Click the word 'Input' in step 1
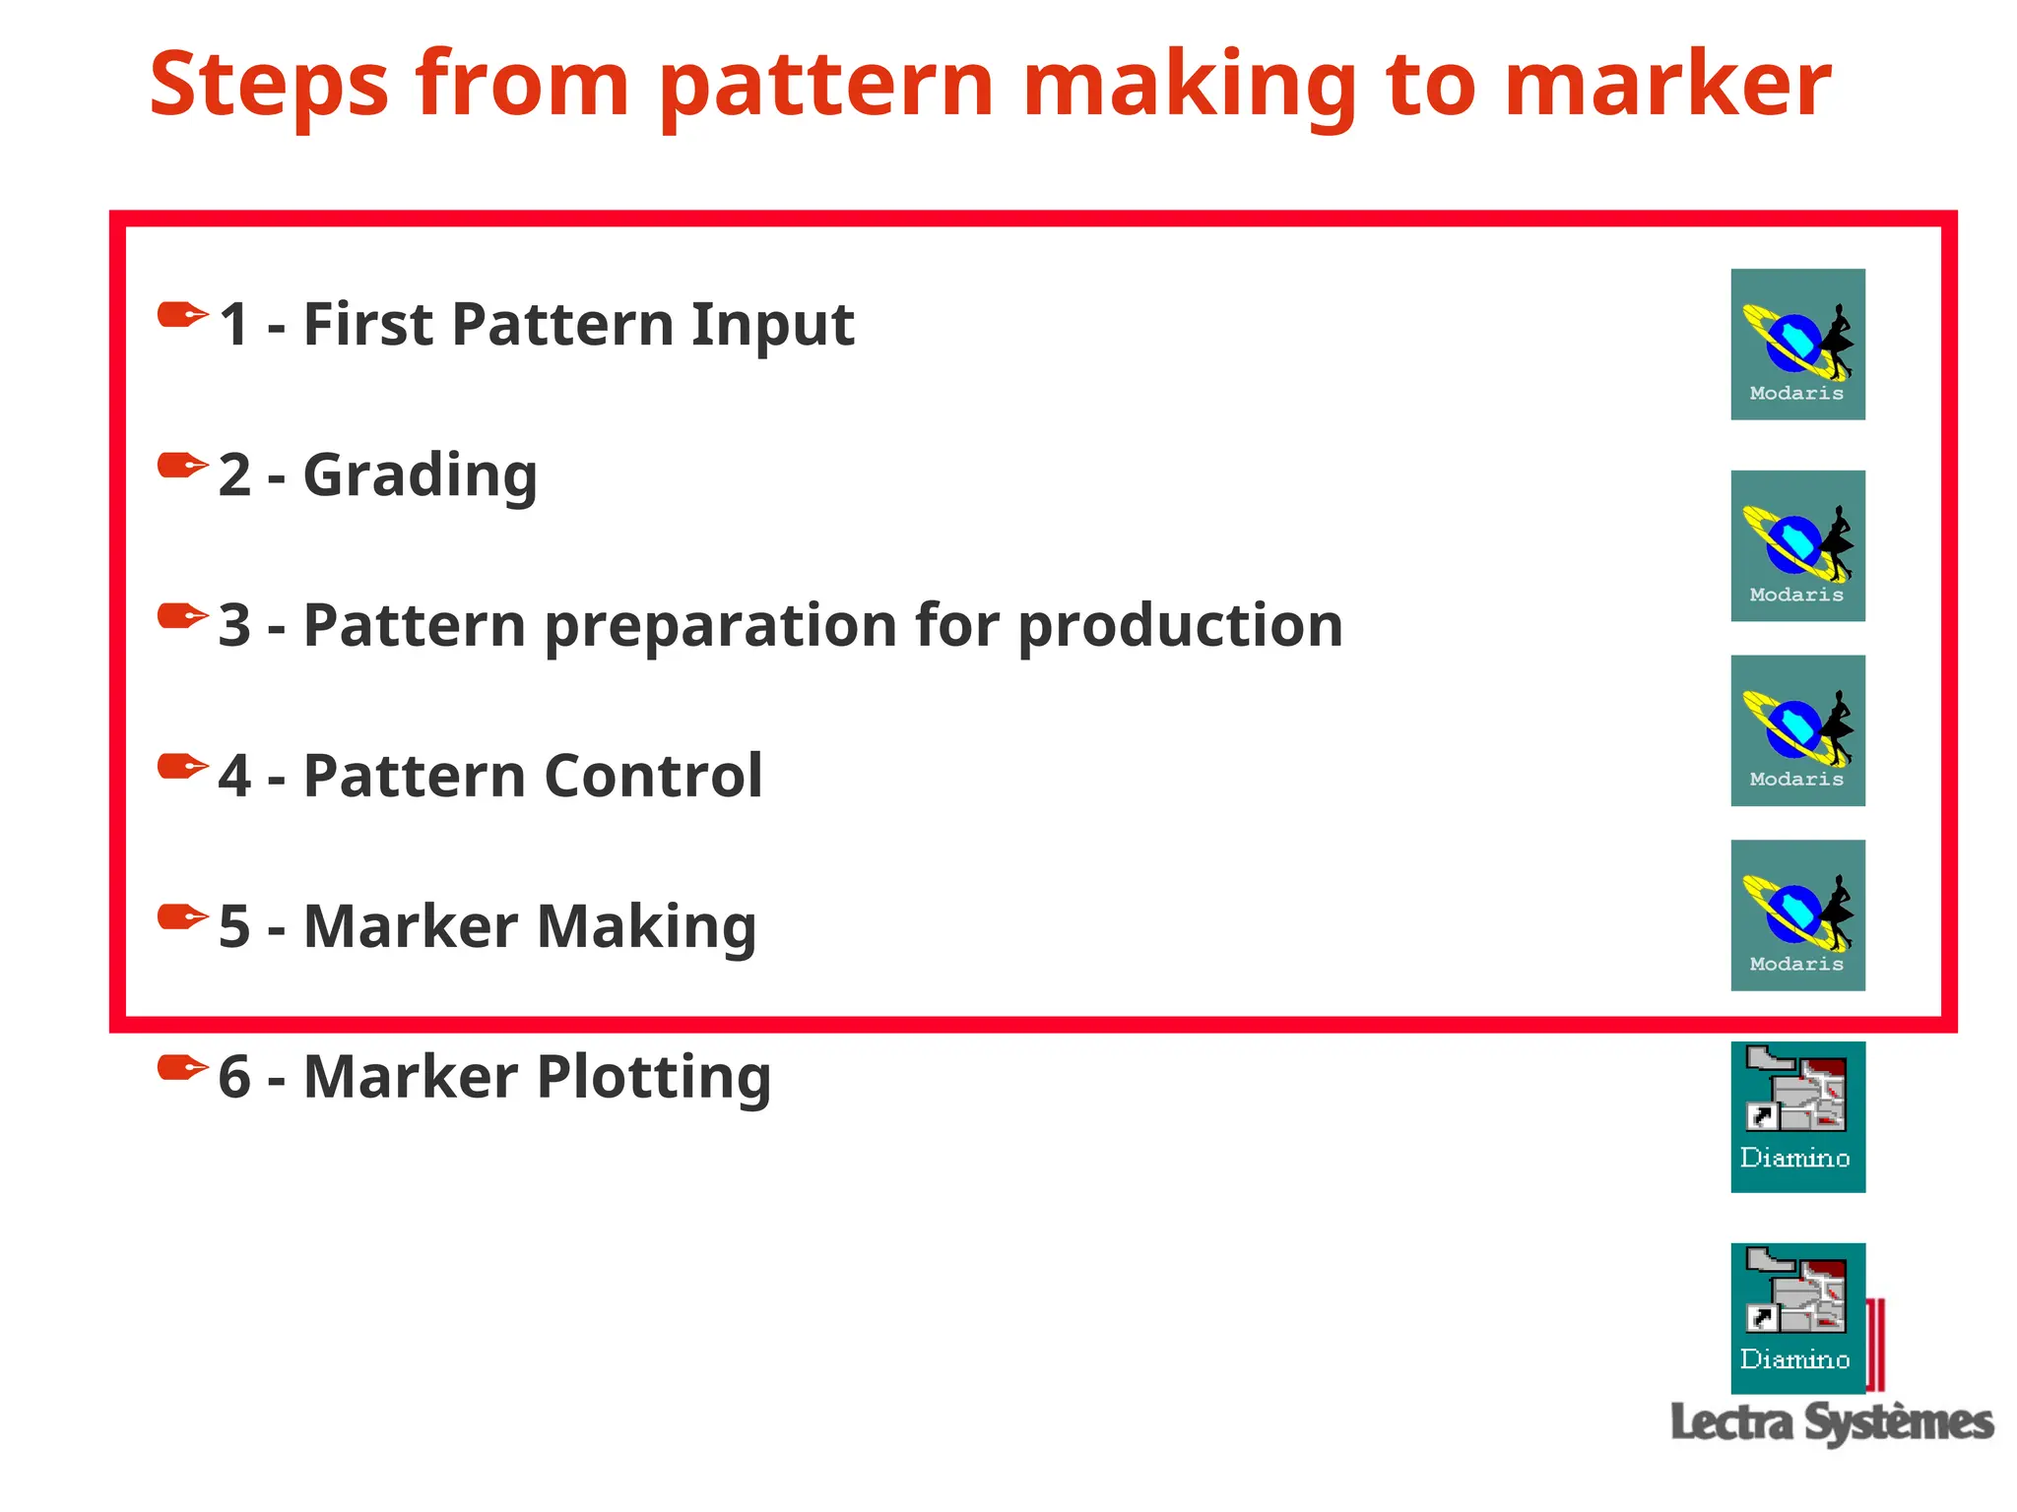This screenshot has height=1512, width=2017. [772, 325]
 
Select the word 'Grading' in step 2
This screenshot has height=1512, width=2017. [421, 476]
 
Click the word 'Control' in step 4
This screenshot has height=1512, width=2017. [653, 776]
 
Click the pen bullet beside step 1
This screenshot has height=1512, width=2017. [183, 316]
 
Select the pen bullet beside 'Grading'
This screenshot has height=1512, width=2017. [183, 466]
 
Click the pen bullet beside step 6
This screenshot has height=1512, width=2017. [183, 1067]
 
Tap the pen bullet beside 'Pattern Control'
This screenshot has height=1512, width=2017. [183, 766]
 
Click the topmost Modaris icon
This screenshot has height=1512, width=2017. [1797, 345]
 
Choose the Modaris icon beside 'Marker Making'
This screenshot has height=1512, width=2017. [1797, 915]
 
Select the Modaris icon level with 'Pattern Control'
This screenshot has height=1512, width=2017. [1797, 730]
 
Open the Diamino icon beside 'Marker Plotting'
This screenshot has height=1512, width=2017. [1797, 1116]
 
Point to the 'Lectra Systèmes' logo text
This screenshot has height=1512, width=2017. [1832, 1423]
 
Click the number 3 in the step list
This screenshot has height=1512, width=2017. [234, 626]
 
